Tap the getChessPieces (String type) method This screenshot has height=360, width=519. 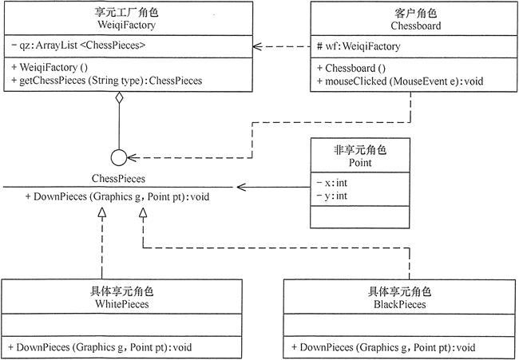click(x=107, y=81)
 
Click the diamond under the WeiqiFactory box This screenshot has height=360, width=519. click(x=118, y=99)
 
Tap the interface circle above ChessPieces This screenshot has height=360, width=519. click(x=118, y=156)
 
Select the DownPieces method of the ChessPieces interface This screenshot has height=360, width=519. click(x=117, y=195)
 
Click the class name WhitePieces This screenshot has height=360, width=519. click(x=117, y=304)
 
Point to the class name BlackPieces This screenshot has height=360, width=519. click(x=399, y=304)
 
